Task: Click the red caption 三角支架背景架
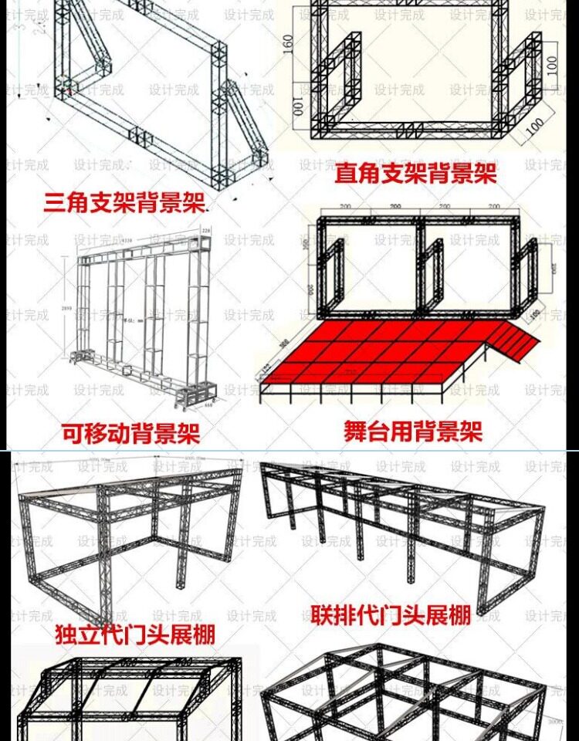[x=124, y=203]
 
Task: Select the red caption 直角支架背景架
[x=415, y=173]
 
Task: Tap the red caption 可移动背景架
[x=130, y=432]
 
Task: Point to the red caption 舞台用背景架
[x=414, y=430]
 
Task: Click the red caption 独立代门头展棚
[x=135, y=634]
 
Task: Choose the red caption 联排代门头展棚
[x=391, y=615]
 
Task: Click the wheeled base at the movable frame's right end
[x=189, y=394]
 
